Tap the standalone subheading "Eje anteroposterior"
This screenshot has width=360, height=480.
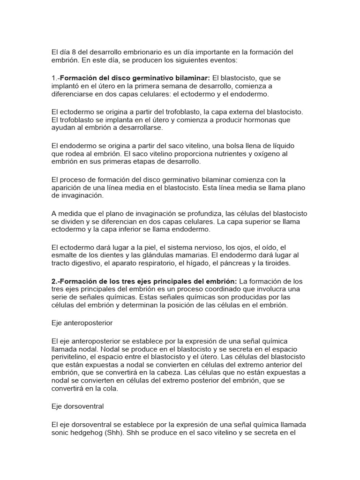(82, 323)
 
